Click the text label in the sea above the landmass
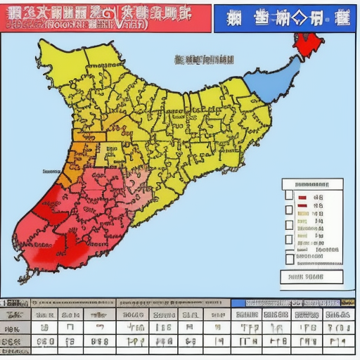point(204,60)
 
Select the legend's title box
point(313,184)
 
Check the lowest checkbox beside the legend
point(289,258)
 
